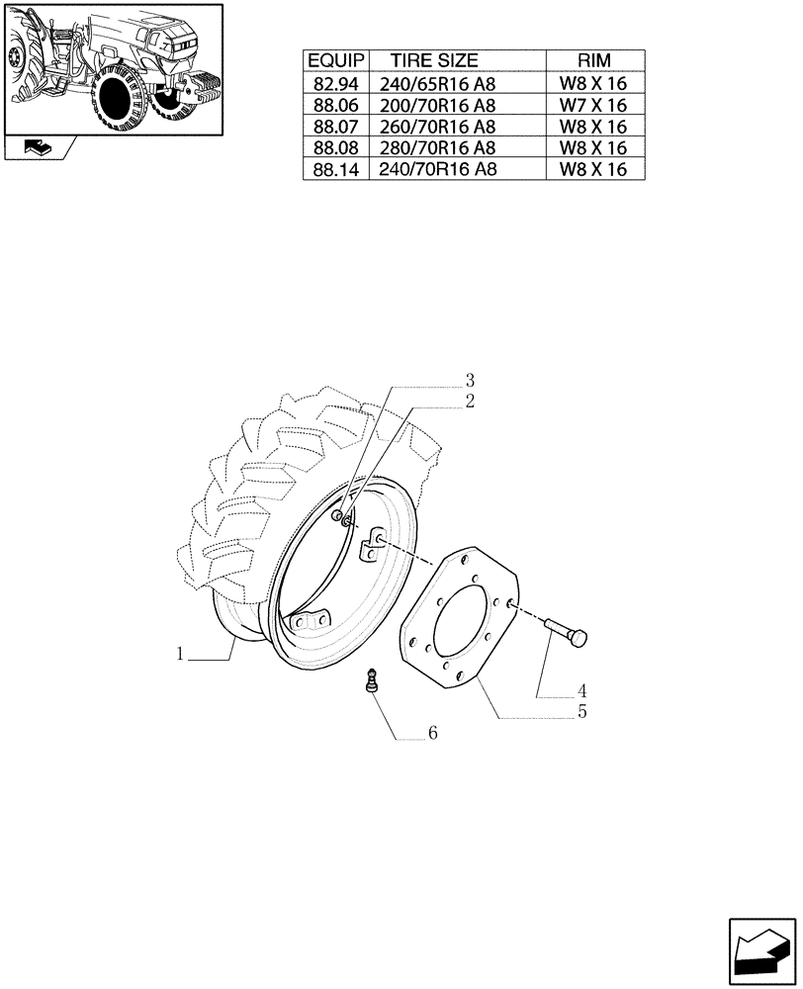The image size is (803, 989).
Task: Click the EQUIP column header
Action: pyautogui.click(x=335, y=61)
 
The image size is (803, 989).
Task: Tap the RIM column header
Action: pyautogui.click(x=593, y=61)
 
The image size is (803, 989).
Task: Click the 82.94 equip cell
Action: pyautogui.click(x=335, y=83)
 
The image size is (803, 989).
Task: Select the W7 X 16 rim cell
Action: pyautogui.click(x=593, y=105)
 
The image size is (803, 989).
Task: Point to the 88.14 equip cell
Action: pyautogui.click(x=335, y=169)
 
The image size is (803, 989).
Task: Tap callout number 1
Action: pyautogui.click(x=181, y=654)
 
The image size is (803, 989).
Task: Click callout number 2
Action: pyautogui.click(x=469, y=402)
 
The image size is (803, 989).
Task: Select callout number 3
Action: pyautogui.click(x=470, y=381)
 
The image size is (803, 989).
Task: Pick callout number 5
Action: pyautogui.click(x=582, y=711)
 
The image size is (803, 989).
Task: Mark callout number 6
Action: pyautogui.click(x=432, y=734)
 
